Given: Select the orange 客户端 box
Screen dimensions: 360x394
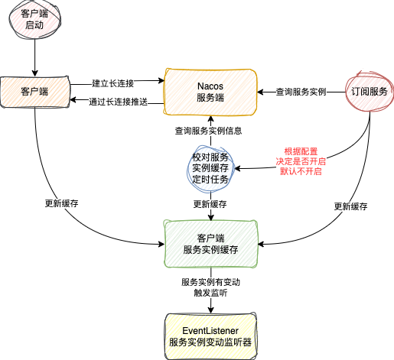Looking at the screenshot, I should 34,92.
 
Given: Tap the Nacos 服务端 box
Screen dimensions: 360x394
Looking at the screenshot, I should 210,92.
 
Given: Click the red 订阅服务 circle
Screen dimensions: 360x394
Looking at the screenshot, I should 370,91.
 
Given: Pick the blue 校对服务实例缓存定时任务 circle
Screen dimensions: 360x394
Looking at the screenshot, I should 210,167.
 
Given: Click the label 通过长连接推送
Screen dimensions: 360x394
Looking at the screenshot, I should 117,102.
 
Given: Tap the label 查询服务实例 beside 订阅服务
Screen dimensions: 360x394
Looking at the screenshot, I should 301,92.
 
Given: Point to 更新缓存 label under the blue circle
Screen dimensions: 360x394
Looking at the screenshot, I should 210,205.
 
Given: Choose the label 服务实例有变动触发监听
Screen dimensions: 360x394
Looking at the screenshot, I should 210,287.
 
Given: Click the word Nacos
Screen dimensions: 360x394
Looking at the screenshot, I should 210,85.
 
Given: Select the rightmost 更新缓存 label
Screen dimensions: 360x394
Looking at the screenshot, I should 352,206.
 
